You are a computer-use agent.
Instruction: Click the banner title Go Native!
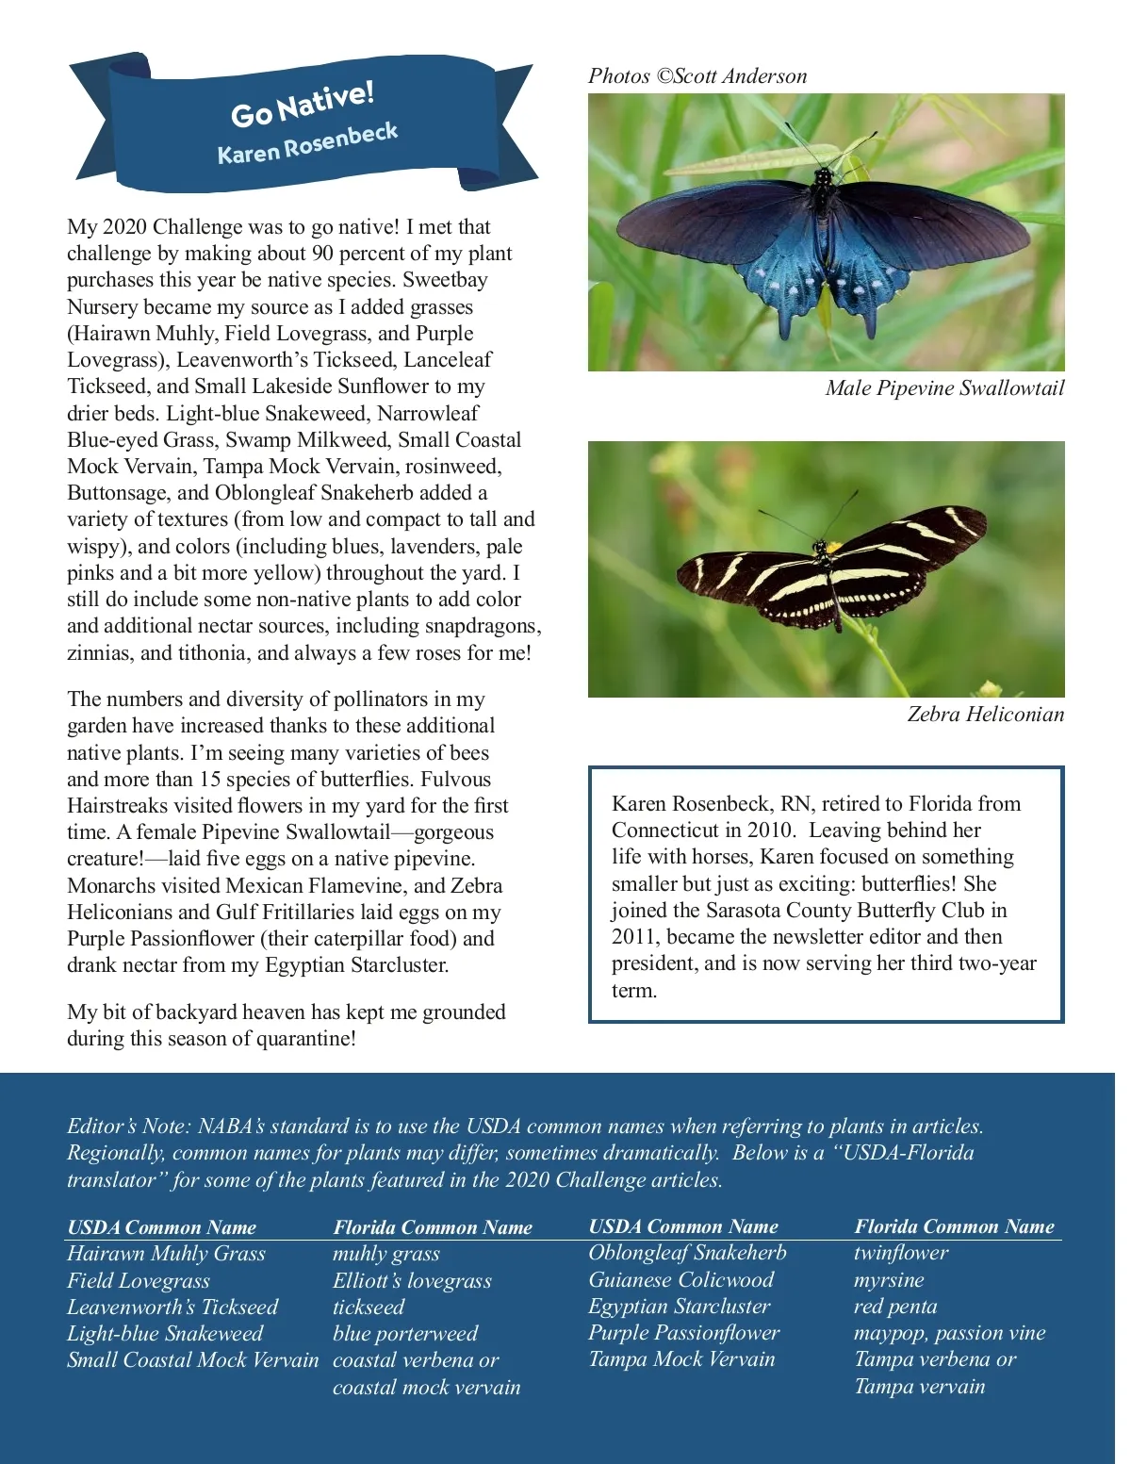click(x=303, y=104)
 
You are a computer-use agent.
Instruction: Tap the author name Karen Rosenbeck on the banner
click(x=307, y=143)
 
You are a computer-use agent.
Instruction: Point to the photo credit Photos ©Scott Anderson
click(x=697, y=76)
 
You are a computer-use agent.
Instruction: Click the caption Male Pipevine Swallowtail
click(x=944, y=388)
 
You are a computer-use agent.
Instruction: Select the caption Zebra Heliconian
click(x=985, y=715)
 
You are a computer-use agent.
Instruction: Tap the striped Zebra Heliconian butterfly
click(x=829, y=570)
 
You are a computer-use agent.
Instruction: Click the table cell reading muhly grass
click(x=386, y=1254)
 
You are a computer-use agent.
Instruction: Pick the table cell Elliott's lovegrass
click(x=412, y=1280)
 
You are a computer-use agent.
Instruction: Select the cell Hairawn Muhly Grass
click(x=166, y=1254)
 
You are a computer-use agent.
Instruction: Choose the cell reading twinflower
click(x=901, y=1253)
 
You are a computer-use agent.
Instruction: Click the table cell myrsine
click(x=889, y=1279)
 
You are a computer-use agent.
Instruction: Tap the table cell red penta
click(x=895, y=1307)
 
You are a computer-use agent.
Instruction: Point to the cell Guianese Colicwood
click(x=681, y=1279)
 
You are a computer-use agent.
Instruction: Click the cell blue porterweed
click(x=405, y=1334)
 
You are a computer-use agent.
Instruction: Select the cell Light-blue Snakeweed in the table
click(x=165, y=1334)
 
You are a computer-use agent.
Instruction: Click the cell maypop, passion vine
click(x=950, y=1333)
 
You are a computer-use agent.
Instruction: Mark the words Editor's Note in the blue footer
click(x=127, y=1127)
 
